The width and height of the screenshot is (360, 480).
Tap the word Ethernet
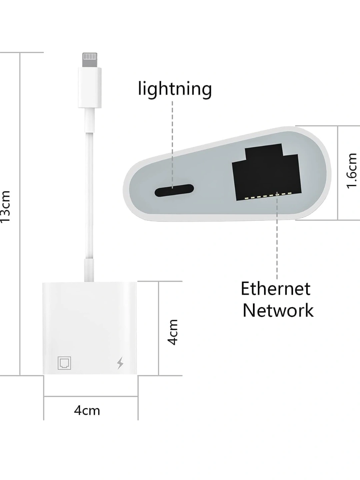coord(275,289)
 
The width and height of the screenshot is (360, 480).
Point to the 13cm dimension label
coord(5,206)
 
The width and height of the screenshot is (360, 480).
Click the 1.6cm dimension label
coord(352,171)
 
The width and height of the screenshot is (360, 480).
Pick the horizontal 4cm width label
coord(87,410)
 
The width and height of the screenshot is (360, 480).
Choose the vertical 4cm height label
coord(173,332)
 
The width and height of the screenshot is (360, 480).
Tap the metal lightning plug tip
coord(90,60)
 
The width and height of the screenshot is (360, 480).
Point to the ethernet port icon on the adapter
coord(64,363)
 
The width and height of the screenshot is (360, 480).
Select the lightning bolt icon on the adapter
coord(120,363)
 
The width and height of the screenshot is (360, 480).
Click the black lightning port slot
coord(174,190)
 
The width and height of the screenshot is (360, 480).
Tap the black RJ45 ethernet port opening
coord(267,172)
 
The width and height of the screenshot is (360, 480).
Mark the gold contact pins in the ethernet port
coord(268,195)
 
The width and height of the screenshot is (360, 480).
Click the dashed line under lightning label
coord(172,144)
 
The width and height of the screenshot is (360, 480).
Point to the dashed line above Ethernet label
coord(277,235)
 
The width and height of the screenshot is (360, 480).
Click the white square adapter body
coord(90,328)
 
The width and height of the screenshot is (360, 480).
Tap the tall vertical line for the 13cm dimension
coord(20,214)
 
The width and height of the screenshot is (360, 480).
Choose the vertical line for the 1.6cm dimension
coord(338,173)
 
